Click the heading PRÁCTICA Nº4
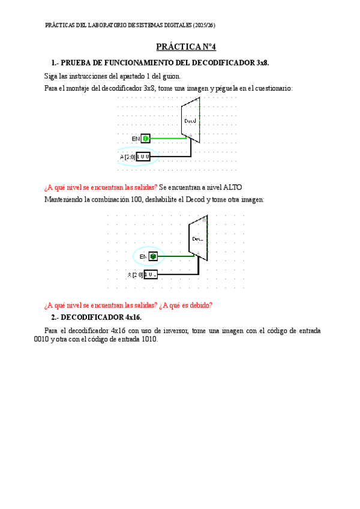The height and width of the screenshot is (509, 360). (x=181, y=46)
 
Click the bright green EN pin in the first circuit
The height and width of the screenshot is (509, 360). (x=146, y=139)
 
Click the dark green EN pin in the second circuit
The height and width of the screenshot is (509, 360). (x=153, y=256)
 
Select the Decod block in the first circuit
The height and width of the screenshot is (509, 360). (x=190, y=121)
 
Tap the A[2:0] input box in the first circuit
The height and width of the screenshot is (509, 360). (x=143, y=157)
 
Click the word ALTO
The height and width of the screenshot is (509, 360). (x=232, y=187)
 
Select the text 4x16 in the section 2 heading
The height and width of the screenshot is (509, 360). (x=133, y=317)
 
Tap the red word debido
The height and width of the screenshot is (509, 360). (x=199, y=305)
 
